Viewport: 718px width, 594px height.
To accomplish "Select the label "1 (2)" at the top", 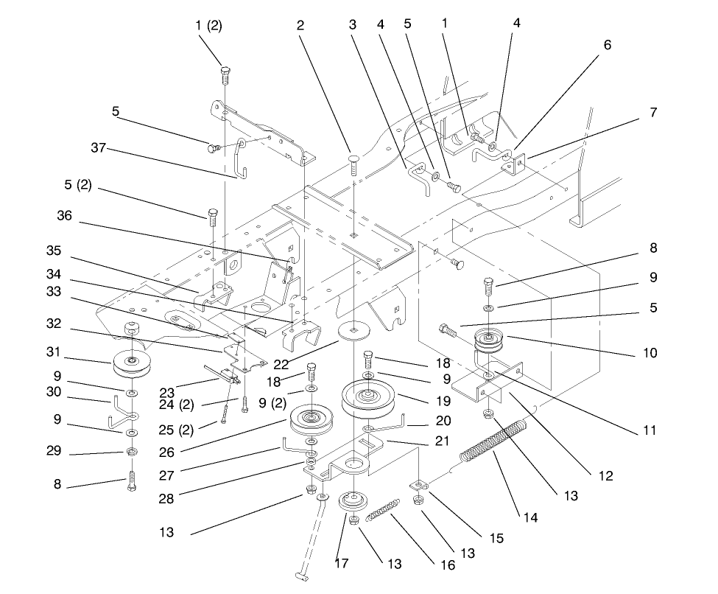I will pos(209,26).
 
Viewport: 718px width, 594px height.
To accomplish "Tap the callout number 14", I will pos(530,518).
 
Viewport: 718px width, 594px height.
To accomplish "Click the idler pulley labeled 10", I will pos(487,343).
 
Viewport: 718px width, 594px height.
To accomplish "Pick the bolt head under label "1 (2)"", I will pos(225,72).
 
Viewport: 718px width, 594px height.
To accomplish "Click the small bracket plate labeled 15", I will pos(418,486).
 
